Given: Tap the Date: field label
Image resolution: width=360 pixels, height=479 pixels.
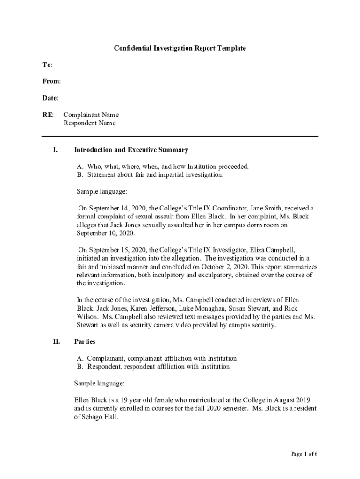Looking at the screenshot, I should tap(50, 98).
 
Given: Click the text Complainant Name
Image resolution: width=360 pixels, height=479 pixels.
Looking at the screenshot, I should tap(91, 115).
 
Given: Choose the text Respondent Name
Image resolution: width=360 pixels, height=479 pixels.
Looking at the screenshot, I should tap(89, 123).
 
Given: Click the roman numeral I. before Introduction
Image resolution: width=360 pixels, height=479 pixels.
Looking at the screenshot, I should tap(55, 150).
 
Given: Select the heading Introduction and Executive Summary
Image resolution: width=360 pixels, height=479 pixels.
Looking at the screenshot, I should tap(131, 150).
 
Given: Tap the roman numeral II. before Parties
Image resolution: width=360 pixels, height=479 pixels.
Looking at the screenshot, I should tap(56, 342).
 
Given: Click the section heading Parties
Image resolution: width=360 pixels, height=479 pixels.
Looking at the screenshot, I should tap(85, 342).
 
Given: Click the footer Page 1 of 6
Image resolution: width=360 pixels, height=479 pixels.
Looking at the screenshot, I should tap(304, 454).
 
